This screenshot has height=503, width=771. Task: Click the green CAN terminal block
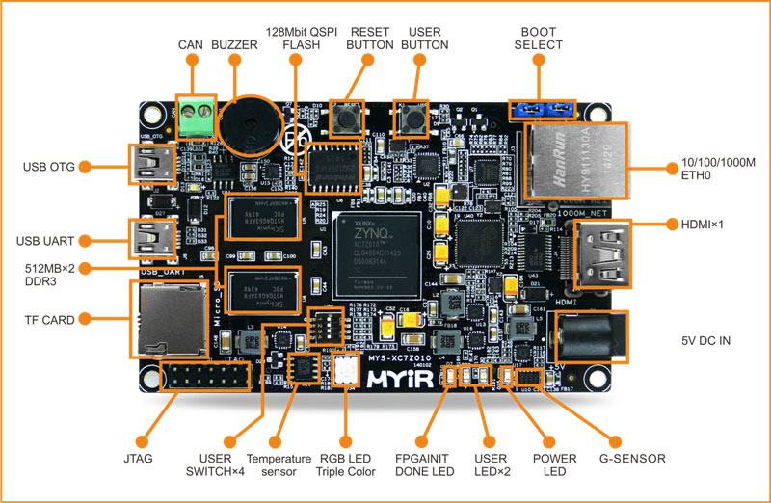click(x=195, y=117)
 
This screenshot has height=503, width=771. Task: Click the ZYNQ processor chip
click(x=377, y=248)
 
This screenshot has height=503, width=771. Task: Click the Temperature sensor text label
click(x=279, y=464)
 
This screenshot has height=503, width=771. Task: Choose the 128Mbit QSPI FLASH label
click(x=307, y=38)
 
